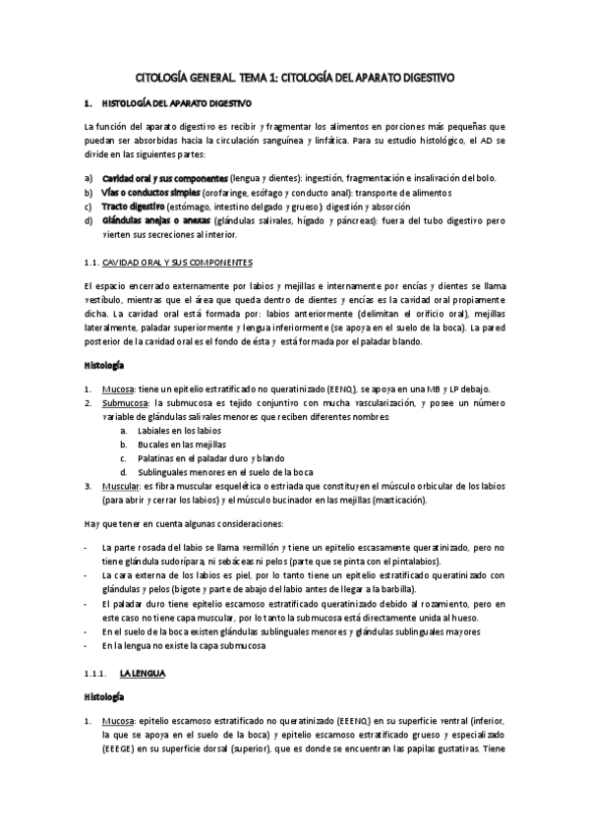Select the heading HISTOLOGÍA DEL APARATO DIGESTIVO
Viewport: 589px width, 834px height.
[177, 103]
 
